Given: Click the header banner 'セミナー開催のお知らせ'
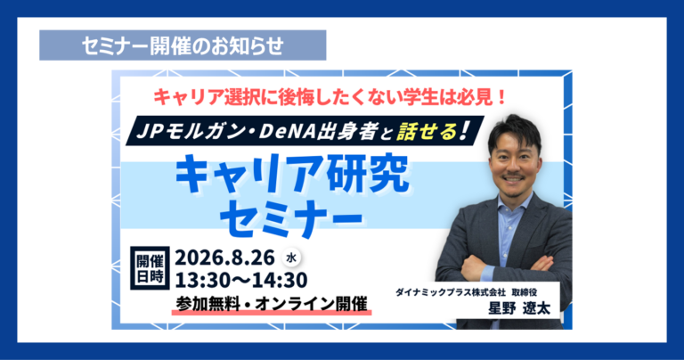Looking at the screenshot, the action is (183, 45).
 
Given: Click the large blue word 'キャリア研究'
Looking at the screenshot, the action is (292, 173).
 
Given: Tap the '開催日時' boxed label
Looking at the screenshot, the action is (150, 268).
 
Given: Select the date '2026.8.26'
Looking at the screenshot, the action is (224, 258).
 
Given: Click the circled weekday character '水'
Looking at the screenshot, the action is (291, 258).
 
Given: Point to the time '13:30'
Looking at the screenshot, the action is (199, 280).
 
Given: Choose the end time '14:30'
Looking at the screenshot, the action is (283, 280).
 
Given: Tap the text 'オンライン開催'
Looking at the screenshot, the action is (311, 304).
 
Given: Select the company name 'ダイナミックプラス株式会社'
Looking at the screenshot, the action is (450, 292).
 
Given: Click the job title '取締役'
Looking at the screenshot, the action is (525, 292).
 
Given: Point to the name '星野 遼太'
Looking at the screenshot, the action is (519, 308).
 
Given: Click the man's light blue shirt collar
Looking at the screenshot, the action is (515, 201).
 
